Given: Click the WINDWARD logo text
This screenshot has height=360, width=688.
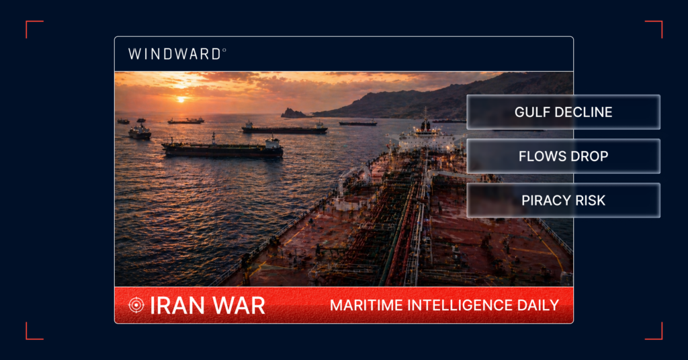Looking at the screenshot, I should click(175, 54).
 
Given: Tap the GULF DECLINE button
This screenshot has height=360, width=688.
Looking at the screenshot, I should click(563, 112).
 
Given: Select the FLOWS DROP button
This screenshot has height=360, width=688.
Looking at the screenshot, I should click(563, 156).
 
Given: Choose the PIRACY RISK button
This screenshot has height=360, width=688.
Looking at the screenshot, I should click(563, 200).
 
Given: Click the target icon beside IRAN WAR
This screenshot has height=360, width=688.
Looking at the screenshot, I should click(136, 305).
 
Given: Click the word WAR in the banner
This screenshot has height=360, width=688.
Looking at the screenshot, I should click(239, 305).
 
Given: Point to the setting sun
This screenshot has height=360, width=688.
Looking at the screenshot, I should click(179, 99).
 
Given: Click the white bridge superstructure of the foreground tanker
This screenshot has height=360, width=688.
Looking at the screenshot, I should click(425, 138).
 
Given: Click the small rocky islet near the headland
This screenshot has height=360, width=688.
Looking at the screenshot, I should click(293, 113).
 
